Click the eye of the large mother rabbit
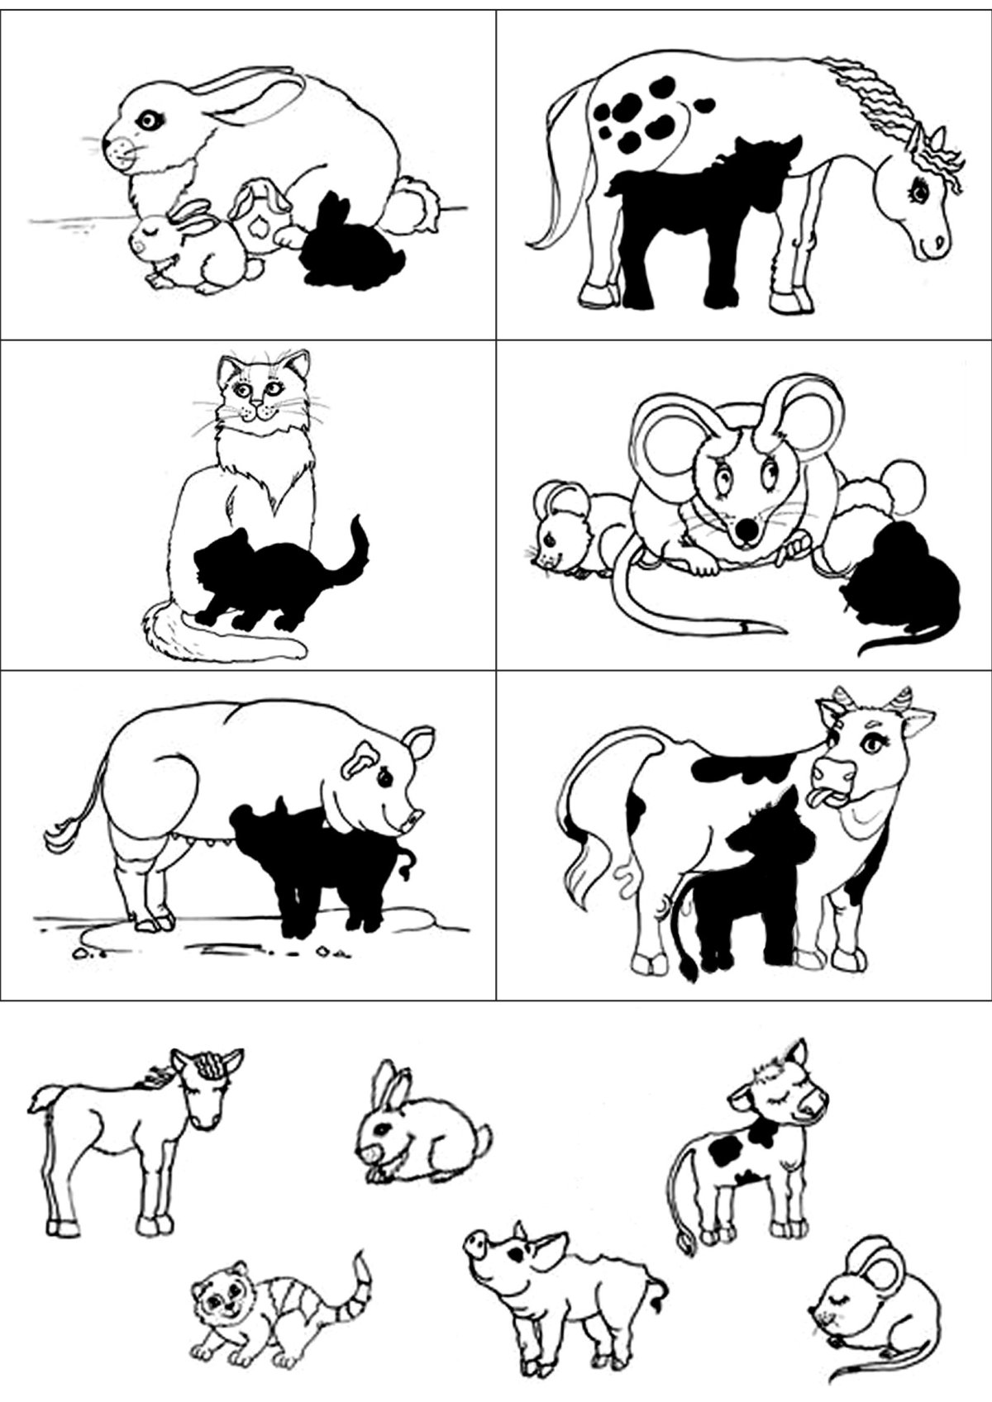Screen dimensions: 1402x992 [x=150, y=121]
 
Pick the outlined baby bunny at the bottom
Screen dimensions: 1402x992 [x=417, y=1136]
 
